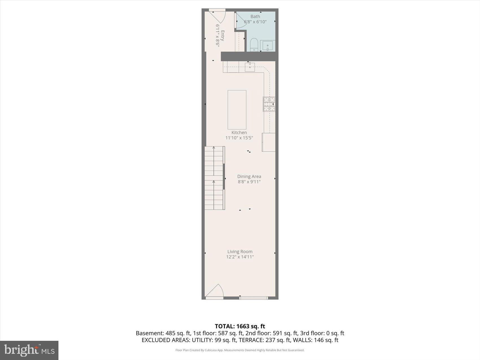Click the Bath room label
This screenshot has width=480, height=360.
255,17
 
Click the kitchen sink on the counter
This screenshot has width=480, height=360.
250,67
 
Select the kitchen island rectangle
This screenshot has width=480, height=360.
237,110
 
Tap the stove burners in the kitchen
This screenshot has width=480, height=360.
269,104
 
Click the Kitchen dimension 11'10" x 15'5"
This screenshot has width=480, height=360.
239,138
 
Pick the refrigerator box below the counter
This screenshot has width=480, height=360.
269,142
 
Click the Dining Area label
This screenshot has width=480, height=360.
249,176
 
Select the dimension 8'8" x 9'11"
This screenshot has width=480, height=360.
249,182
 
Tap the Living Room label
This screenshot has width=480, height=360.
240,252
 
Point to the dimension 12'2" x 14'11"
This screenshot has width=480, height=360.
240,257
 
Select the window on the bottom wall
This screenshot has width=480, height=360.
253,298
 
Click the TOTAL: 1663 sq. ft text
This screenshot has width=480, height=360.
240,326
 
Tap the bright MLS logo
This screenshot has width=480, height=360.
29,350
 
